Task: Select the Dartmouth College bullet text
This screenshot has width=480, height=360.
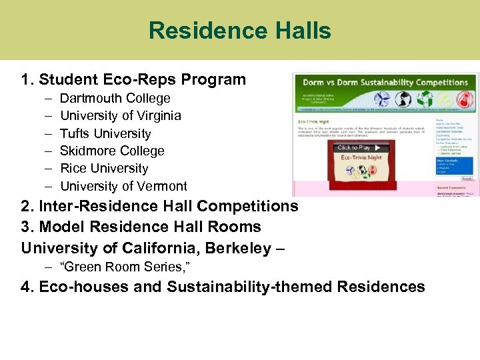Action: click(x=115, y=98)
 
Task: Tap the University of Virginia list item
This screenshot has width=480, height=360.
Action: click(x=120, y=115)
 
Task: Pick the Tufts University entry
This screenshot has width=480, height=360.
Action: click(x=105, y=133)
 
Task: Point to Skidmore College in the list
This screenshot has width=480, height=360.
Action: click(x=112, y=151)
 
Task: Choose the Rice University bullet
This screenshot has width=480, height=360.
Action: click(x=104, y=169)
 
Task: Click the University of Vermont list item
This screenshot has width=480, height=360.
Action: click(x=123, y=186)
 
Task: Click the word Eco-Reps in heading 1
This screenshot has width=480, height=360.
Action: click(x=131, y=80)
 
